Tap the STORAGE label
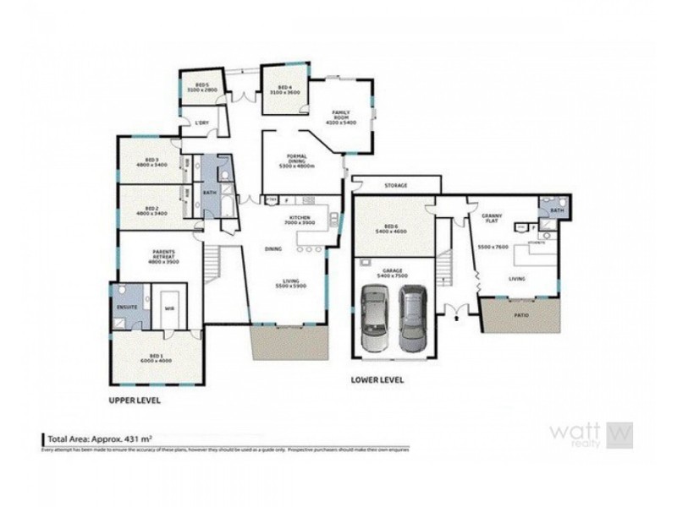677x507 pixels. pos(396,185)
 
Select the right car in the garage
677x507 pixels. pos(412,319)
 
